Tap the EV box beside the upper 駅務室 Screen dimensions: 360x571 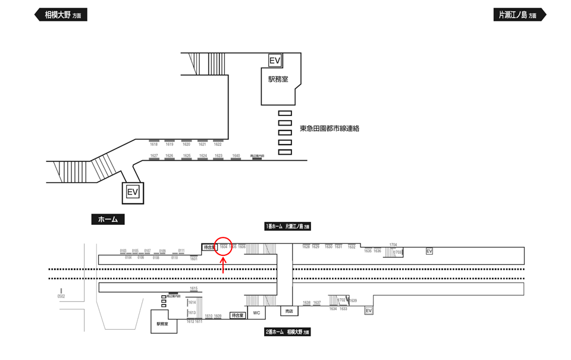coord(274,61)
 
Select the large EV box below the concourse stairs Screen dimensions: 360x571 coord(133,192)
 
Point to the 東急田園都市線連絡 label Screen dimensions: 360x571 coord(330,129)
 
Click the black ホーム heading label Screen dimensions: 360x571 coord(108,220)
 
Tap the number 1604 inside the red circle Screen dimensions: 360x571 coord(224,246)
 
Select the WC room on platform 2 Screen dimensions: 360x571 coord(256,312)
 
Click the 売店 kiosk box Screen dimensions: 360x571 coord(290,312)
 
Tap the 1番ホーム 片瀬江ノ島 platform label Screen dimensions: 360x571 coord(288,227)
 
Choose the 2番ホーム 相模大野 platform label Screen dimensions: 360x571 coord(288,331)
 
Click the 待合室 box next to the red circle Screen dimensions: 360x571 coord(209,247)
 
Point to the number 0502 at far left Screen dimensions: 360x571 coord(61,296)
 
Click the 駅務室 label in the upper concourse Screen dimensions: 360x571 coord(278,80)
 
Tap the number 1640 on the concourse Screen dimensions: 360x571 coord(236,155)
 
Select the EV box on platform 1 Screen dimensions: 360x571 coord(429,251)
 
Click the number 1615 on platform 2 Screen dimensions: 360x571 coord(193,289)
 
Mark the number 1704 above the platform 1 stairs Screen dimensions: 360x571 coord(393,245)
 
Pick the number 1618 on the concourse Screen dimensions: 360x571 coord(153,145)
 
